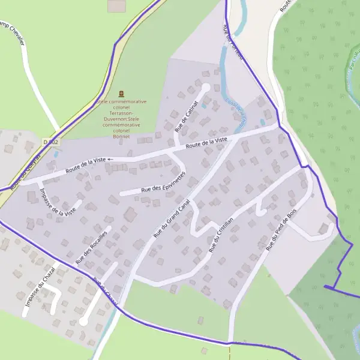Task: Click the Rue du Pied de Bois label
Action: (x=281, y=230)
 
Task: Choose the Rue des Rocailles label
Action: (x=91, y=246)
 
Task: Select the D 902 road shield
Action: (x=51, y=142)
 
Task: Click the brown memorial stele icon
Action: (x=122, y=93)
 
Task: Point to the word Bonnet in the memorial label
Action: (x=121, y=136)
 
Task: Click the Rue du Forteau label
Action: (x=233, y=42)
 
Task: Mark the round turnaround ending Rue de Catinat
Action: (x=205, y=87)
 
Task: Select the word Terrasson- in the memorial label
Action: (x=121, y=113)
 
